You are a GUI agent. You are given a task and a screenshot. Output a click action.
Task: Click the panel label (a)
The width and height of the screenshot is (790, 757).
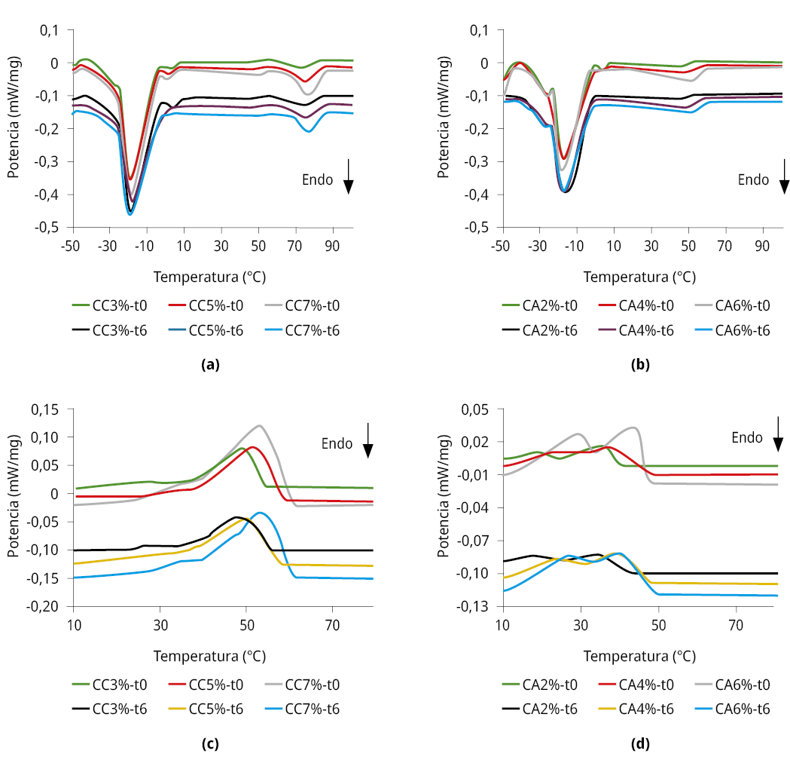210,365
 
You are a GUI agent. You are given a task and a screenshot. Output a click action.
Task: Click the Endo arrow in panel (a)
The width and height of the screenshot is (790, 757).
349,176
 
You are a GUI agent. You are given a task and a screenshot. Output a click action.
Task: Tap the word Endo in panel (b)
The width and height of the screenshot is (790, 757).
753,179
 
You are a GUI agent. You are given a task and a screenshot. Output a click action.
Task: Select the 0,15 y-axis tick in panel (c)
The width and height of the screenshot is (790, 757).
46,409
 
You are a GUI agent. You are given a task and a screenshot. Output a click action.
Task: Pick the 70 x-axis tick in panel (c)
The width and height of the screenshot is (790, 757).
331,625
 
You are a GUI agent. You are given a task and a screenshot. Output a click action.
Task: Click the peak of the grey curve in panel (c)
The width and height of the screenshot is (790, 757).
260,425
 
